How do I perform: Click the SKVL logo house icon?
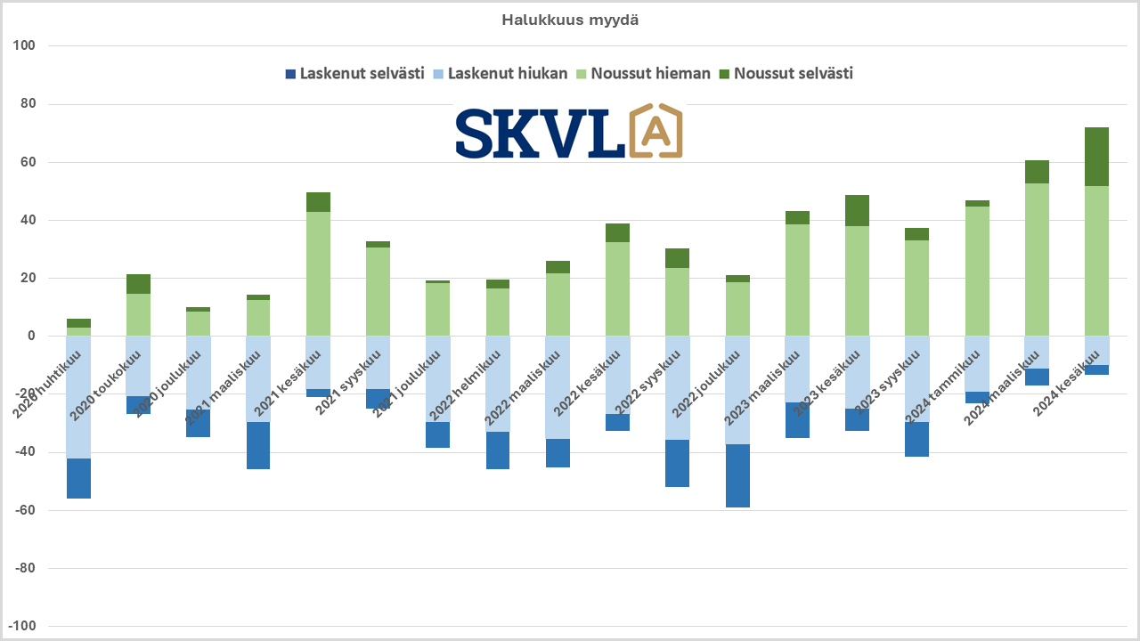click(x=655, y=132)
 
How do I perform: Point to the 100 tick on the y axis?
click(x=36, y=45)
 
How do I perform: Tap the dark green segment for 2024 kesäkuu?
click(x=1096, y=157)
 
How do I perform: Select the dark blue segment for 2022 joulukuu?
click(x=737, y=475)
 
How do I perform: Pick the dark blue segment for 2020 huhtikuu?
click(x=78, y=478)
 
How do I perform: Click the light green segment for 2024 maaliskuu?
click(x=1037, y=259)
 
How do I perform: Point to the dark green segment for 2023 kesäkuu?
click(x=857, y=210)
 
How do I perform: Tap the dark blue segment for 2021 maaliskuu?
click(x=258, y=445)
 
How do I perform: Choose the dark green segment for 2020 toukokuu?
click(x=138, y=284)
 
